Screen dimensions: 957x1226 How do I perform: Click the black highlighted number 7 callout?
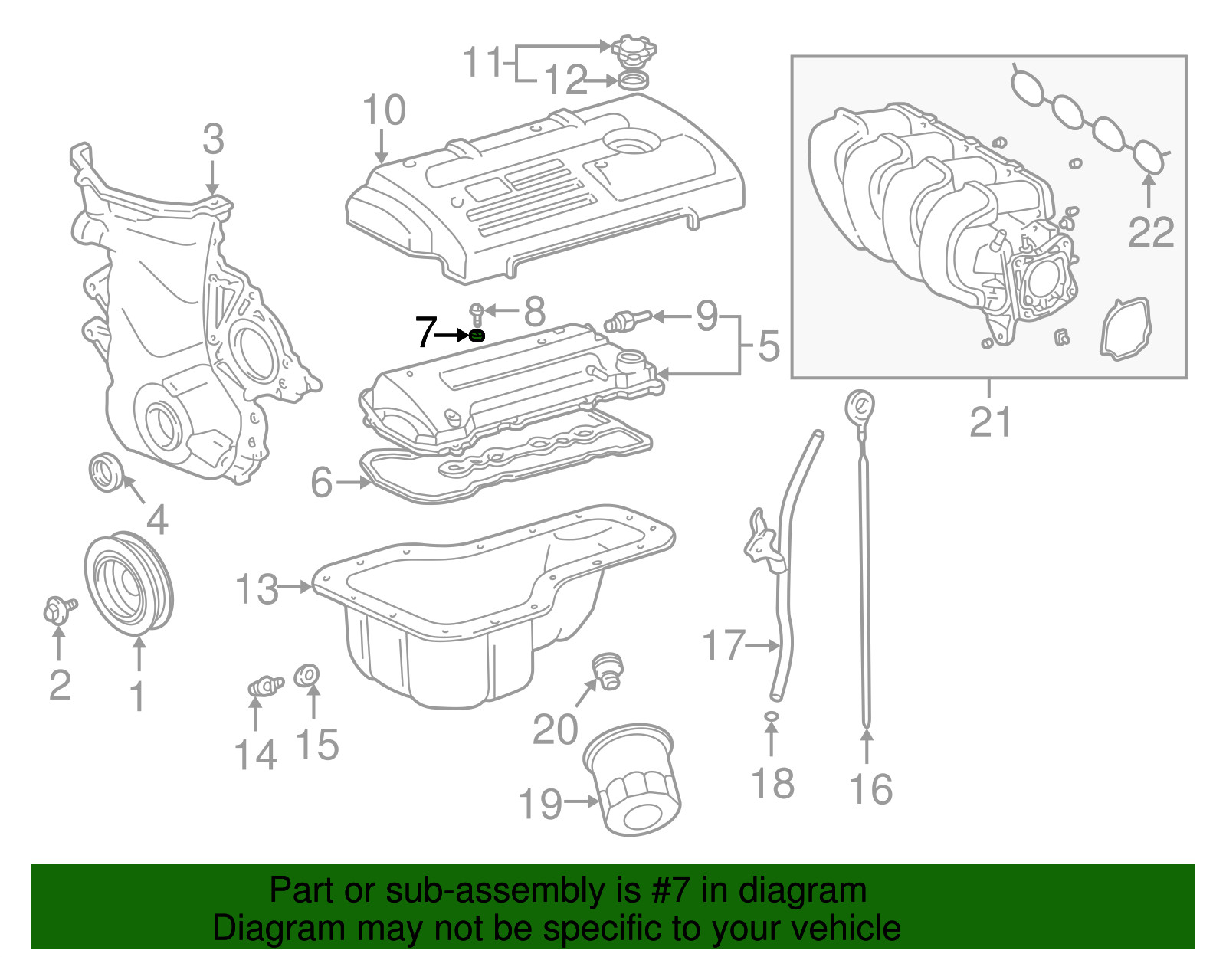(425, 332)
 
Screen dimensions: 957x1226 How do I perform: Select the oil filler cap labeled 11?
(629, 51)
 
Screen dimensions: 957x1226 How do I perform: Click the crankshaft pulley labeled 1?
(129, 583)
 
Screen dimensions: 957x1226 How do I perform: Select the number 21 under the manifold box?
(990, 421)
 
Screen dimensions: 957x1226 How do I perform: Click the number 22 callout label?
(1151, 231)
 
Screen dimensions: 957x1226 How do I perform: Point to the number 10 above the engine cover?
(383, 110)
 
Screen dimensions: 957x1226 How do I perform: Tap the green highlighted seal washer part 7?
(477, 335)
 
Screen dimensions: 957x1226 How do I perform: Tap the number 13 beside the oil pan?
(256, 588)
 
